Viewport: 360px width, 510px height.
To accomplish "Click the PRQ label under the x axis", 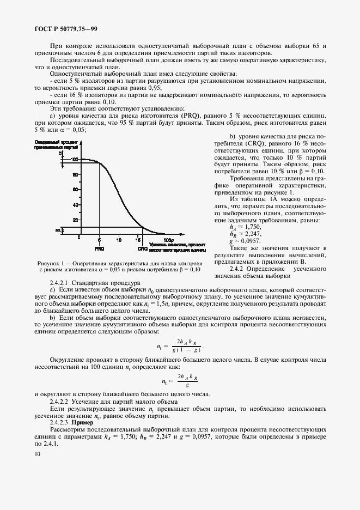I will (x=99, y=248).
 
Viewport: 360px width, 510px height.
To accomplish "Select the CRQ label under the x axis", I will (x=142, y=248).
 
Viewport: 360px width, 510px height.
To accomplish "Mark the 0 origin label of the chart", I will (x=80, y=239).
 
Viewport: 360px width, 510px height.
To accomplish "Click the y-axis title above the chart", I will (x=52, y=144).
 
